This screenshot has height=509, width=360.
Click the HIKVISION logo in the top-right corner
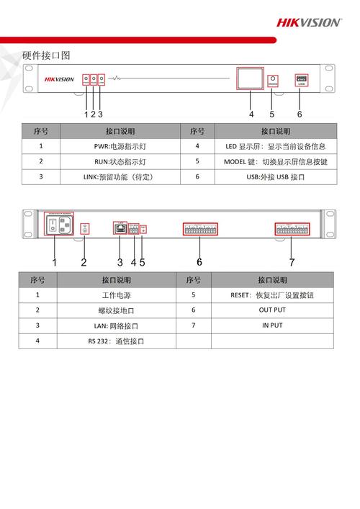pyautogui.click(x=309, y=22)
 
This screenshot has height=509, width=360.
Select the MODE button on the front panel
pyautogui.click(x=272, y=79)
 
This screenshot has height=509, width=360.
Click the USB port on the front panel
pyautogui.click(x=301, y=79)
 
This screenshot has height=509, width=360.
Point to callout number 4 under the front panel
pyautogui.click(x=251, y=114)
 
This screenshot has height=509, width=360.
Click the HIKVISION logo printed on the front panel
pyautogui.click(x=59, y=79)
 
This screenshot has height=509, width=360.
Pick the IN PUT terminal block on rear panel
pyautogui.click(x=292, y=229)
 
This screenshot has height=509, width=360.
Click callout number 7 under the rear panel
pyautogui.click(x=292, y=262)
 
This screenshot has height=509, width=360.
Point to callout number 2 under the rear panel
pyautogui.click(x=84, y=262)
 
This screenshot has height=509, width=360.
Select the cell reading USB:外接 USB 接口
pyautogui.click(x=275, y=176)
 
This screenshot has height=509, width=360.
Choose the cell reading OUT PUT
pyautogui.click(x=272, y=310)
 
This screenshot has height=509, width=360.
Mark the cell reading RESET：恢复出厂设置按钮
pyautogui.click(x=272, y=295)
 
